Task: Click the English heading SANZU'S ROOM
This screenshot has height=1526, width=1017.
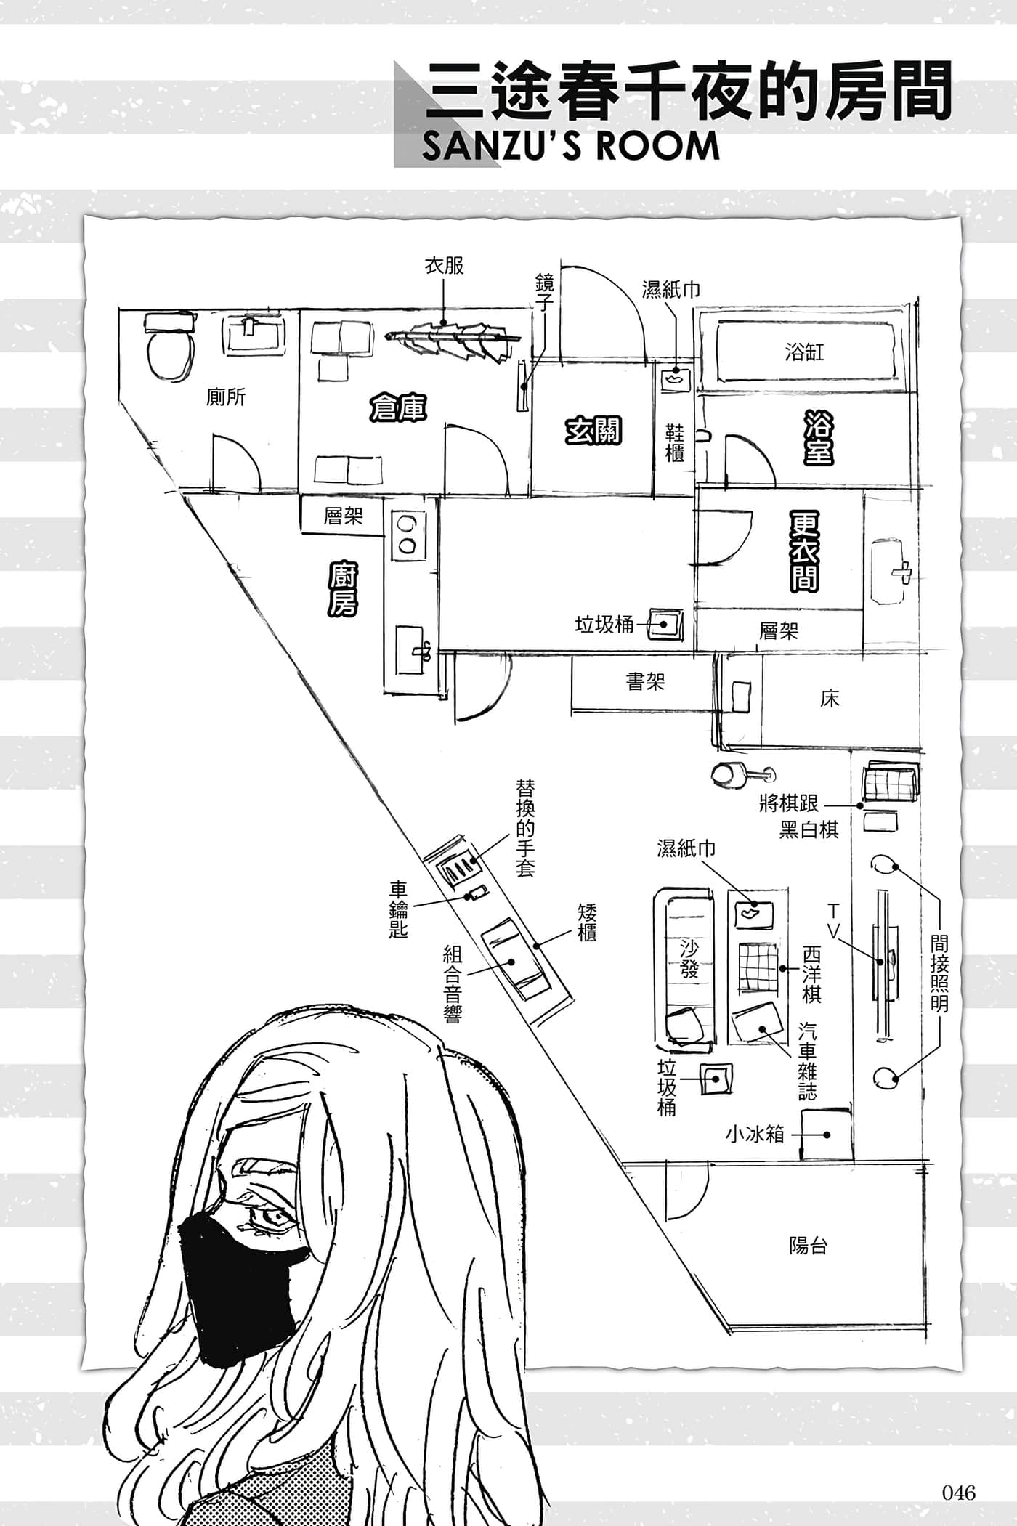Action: (x=571, y=146)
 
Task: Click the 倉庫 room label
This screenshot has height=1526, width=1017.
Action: (x=397, y=407)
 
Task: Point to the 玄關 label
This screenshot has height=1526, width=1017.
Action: (x=593, y=431)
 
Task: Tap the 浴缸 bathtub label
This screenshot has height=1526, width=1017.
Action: (x=804, y=353)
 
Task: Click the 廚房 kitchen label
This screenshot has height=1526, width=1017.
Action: (x=342, y=589)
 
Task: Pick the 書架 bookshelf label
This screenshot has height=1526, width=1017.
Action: (x=645, y=681)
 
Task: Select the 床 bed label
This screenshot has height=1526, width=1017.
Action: (x=830, y=699)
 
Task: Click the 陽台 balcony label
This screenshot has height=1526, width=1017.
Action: (x=808, y=1246)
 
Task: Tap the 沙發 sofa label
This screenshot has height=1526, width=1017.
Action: (x=689, y=958)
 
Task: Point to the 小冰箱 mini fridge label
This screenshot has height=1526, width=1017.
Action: (x=755, y=1134)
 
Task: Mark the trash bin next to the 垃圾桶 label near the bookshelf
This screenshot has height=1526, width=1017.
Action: (x=665, y=624)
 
